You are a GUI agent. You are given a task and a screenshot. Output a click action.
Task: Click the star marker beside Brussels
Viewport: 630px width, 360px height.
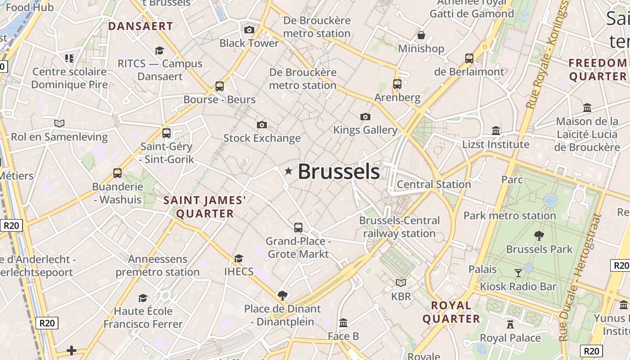point(288,171)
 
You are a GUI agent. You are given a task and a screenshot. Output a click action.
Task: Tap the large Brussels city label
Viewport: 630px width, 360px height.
point(339,172)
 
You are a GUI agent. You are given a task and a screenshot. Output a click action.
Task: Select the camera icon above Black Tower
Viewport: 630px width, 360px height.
point(249,30)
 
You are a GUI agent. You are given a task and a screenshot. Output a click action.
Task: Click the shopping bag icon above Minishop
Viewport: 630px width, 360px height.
point(421,35)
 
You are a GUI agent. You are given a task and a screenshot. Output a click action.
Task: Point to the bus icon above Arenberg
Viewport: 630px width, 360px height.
point(397,84)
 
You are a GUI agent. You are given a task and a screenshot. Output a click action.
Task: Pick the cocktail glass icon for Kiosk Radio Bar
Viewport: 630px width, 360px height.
point(518,273)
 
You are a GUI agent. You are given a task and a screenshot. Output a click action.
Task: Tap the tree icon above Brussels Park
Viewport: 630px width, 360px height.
point(539,235)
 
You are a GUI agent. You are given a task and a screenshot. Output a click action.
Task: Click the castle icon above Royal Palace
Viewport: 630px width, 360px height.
point(510,324)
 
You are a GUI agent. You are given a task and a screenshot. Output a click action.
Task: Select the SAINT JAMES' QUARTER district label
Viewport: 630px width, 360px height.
point(205,207)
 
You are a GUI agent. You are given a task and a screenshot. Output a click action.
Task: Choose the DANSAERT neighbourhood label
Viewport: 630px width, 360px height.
point(141,26)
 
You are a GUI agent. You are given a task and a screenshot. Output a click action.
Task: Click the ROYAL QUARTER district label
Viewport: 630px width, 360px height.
point(451,312)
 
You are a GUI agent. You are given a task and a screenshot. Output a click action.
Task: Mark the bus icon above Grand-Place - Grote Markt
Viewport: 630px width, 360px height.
point(298,227)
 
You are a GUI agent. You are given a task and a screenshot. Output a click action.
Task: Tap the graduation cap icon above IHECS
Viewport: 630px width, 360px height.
point(238,258)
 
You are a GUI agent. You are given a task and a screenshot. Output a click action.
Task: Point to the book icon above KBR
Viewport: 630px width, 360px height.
point(401,283)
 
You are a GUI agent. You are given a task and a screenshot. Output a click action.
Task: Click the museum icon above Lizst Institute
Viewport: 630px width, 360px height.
point(496,130)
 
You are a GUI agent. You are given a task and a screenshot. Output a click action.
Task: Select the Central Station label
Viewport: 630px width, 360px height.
point(434,184)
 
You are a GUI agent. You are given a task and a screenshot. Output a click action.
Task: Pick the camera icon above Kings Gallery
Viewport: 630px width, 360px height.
point(365,117)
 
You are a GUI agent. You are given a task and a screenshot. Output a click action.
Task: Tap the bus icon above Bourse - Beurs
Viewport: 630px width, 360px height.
point(220,86)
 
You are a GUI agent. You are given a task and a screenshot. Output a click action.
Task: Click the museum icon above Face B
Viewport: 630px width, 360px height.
point(343,323)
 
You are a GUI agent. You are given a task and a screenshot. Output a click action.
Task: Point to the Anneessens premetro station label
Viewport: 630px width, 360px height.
point(157,265)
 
